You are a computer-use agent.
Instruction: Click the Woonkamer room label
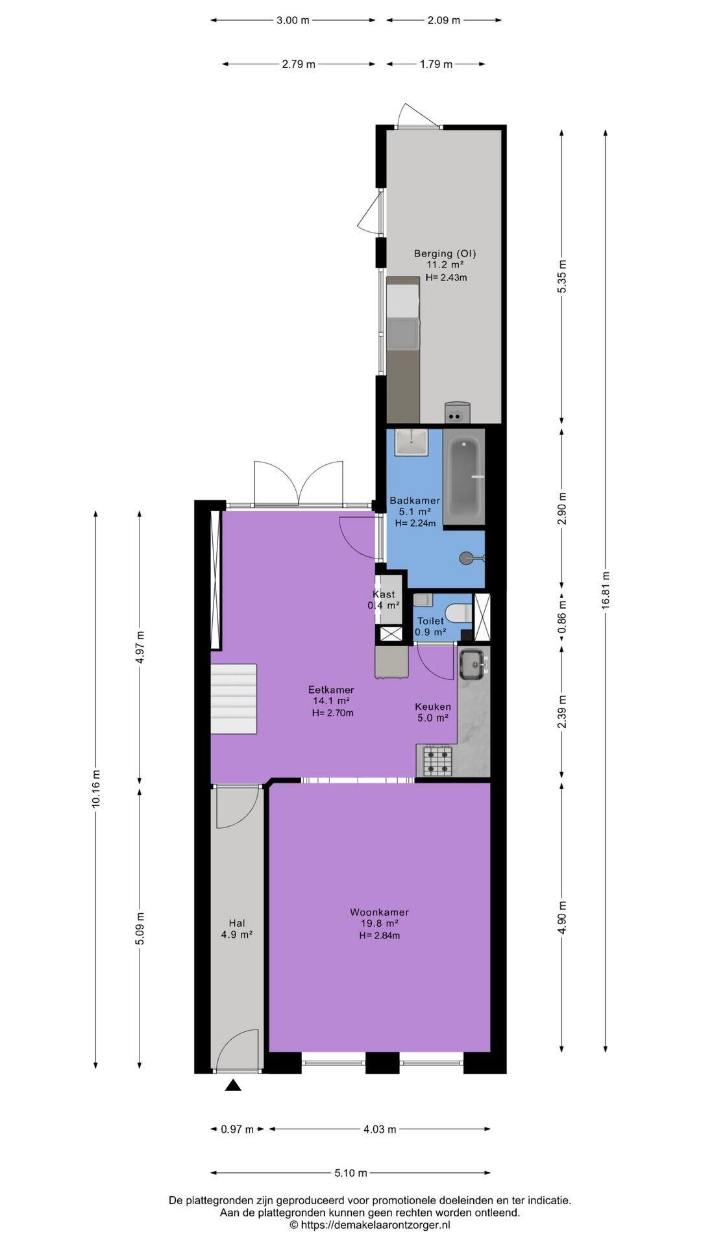coord(379,912)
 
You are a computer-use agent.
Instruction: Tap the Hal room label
coord(236,923)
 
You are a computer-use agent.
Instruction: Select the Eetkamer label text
coord(331,690)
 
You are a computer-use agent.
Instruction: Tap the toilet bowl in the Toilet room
coord(460,612)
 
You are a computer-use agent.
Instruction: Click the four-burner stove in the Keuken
coord(437,761)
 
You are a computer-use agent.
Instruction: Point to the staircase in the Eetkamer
coord(234,698)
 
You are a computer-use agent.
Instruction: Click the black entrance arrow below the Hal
coord(233,1085)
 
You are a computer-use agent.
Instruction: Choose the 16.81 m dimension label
coord(605,590)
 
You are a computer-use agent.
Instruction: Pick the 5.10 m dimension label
coord(350,1173)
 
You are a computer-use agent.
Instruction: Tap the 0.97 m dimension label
coord(237,1129)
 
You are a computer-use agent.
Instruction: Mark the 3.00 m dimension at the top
coord(293,20)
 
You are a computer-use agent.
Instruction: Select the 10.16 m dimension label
coord(96,788)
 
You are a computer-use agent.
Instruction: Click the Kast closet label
coord(384,594)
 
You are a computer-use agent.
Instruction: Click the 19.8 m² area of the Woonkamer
coord(379,923)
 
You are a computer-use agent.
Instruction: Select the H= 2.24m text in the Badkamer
coord(415,523)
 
